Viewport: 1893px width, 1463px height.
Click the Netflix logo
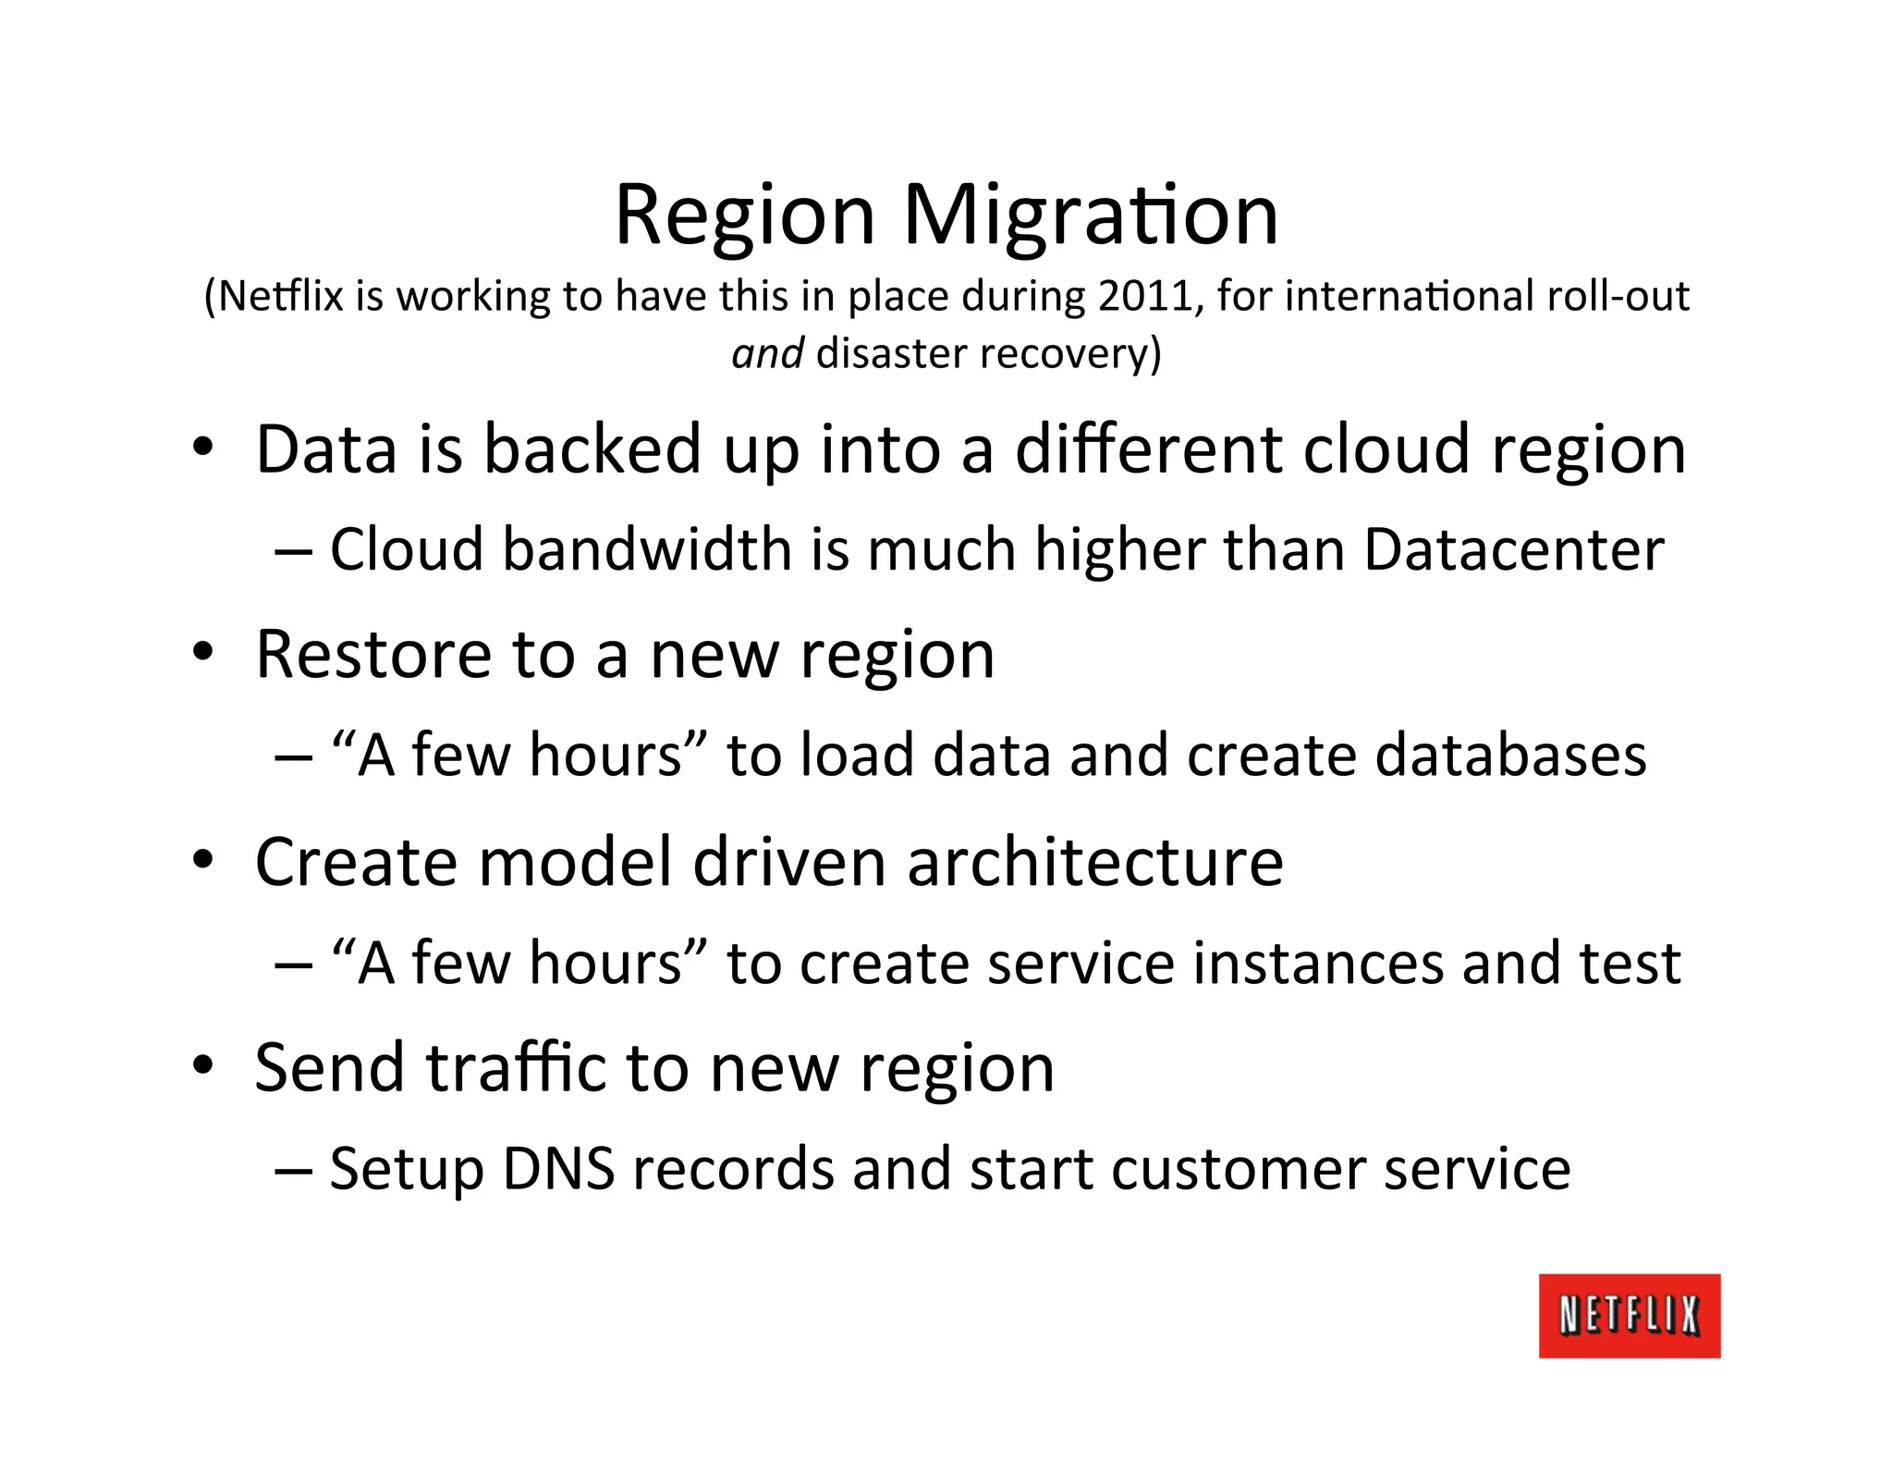[1629, 1315]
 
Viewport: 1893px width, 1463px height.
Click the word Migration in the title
[1090, 216]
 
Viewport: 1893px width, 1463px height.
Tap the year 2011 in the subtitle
[1150, 297]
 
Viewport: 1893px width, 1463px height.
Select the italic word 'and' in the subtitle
[767, 354]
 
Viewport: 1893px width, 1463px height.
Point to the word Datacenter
[1513, 550]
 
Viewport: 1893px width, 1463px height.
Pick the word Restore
[373, 655]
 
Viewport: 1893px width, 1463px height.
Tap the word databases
[1510, 756]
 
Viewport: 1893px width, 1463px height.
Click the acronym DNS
[558, 1169]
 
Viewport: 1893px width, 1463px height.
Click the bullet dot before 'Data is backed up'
[203, 449]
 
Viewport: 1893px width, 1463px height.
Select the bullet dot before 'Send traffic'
[203, 1067]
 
